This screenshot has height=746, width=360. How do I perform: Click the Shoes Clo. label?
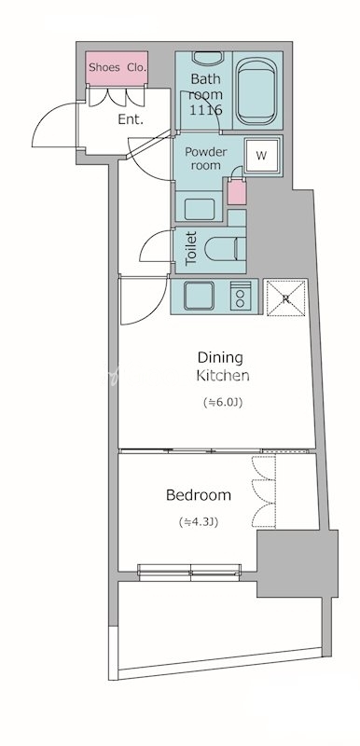117,67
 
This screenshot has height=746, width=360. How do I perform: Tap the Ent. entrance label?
131,119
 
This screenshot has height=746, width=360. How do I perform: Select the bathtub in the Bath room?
256,90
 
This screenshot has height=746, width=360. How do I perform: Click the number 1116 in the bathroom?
206,110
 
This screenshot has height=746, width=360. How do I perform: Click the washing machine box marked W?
261,156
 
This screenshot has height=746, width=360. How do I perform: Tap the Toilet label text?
190,248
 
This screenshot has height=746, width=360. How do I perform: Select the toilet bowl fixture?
225,248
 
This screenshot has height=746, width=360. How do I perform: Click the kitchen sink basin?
200,296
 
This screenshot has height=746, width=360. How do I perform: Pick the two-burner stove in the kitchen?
241,296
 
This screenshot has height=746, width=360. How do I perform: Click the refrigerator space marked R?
285,297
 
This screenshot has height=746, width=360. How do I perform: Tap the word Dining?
220,357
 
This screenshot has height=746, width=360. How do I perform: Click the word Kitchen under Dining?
223,376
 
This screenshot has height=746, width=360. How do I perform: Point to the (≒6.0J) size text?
223,403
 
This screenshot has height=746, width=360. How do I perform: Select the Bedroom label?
199,495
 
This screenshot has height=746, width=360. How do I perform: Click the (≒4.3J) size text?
199,522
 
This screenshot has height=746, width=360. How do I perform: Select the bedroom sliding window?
189,572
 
